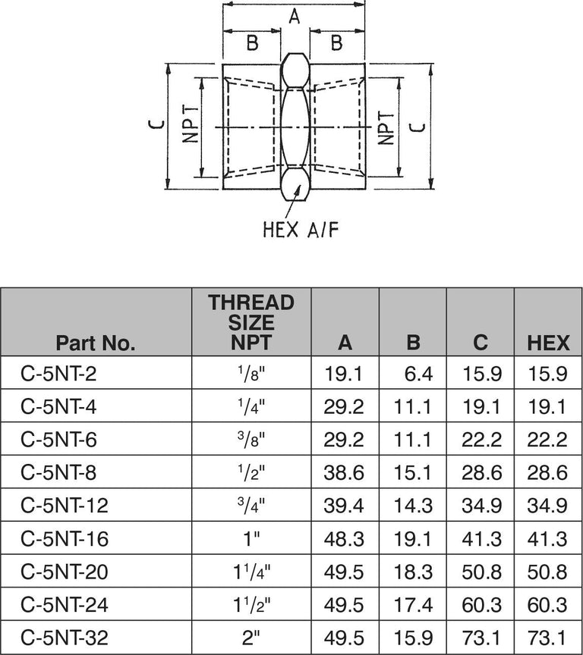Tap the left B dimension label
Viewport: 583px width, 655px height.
click(x=252, y=44)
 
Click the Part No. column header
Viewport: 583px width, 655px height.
click(x=96, y=343)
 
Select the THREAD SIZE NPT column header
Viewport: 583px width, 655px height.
click(x=251, y=322)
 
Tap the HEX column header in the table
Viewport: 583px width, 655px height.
click(x=548, y=343)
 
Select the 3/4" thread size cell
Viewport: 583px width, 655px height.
click(x=251, y=506)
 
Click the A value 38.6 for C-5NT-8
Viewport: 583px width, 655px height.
click(x=345, y=473)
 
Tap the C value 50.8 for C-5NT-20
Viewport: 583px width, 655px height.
click(x=481, y=572)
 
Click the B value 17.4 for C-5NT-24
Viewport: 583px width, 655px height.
click(x=413, y=605)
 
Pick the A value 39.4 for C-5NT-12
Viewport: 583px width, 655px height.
click(x=345, y=506)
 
